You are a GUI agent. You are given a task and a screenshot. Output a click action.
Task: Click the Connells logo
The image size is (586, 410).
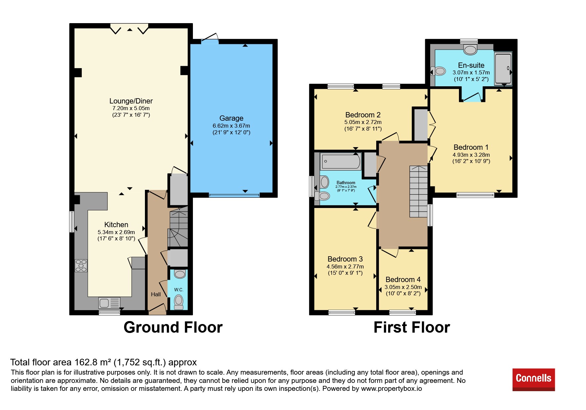click(x=533, y=379)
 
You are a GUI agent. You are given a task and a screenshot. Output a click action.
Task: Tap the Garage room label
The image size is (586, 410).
click(x=231, y=118)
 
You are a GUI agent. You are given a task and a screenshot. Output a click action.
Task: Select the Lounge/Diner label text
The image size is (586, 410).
click(x=131, y=101)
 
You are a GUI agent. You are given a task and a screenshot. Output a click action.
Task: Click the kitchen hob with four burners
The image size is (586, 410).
click(x=81, y=266)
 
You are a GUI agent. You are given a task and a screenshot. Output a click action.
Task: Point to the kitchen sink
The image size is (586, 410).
click(x=110, y=303)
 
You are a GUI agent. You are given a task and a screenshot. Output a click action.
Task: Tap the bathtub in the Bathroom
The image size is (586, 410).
click(x=340, y=161)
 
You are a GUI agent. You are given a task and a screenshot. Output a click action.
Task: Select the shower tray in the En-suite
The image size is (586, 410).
click(x=503, y=68)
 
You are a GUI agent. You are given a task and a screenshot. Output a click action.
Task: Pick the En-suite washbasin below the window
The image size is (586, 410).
click(x=470, y=50)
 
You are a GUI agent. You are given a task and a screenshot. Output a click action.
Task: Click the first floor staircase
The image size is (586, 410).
click(x=419, y=191)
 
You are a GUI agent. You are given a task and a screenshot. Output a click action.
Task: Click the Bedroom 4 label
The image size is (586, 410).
click(x=403, y=279)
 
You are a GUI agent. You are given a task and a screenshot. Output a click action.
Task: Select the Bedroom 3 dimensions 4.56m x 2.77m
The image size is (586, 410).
click(x=345, y=266)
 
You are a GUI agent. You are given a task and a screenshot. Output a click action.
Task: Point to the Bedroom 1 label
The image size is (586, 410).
click(x=471, y=147)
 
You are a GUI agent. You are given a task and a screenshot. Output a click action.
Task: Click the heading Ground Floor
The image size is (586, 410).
click(x=173, y=327)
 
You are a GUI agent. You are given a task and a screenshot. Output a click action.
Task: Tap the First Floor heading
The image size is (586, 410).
click(x=412, y=327)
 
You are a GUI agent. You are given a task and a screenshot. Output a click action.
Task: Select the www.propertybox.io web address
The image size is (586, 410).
click(x=391, y=389)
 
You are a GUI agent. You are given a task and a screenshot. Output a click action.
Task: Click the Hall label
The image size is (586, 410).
click(x=156, y=294)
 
